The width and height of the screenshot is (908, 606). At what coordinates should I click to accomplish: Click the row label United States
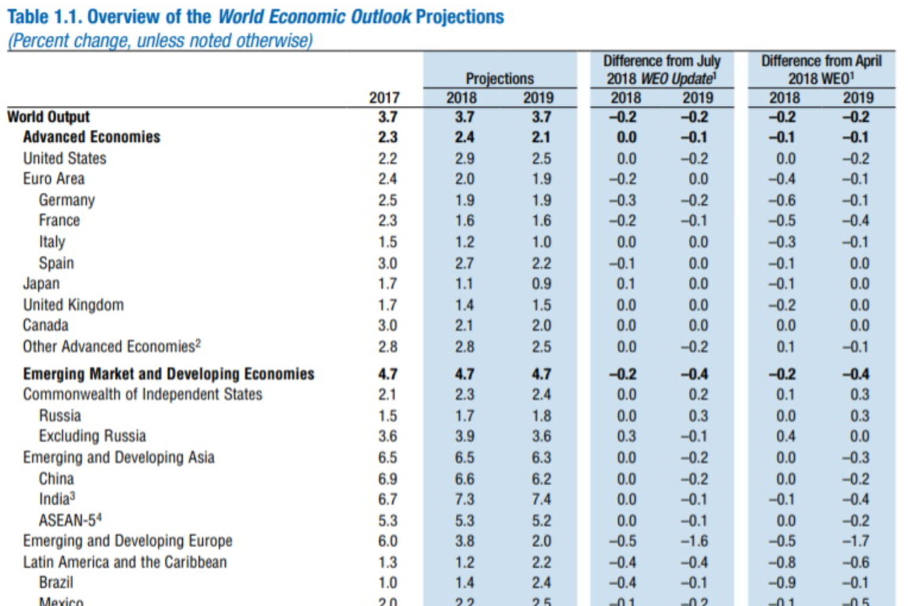coord(65,158)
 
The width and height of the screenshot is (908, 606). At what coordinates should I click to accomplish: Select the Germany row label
coord(67,200)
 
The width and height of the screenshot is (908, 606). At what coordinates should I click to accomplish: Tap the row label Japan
coord(41,284)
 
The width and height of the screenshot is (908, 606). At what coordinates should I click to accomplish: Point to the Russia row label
coord(60,416)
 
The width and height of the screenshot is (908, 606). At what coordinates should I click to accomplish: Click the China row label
coord(56,479)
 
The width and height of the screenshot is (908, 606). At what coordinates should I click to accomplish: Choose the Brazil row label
coord(56,582)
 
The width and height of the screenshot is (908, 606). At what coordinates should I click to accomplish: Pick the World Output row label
coord(48,116)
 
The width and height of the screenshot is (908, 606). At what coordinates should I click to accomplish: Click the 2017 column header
coord(384,98)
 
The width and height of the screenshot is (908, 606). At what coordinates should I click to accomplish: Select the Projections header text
coord(499,78)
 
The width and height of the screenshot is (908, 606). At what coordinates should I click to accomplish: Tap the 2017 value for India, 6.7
coord(387,499)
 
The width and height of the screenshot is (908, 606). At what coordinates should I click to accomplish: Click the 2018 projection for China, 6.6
coord(464,479)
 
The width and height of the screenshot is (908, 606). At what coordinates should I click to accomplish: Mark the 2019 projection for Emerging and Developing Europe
coord(541,541)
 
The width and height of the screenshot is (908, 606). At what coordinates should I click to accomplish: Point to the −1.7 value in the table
coord(855,541)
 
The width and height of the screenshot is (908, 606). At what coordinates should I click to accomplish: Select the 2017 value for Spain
coord(387,263)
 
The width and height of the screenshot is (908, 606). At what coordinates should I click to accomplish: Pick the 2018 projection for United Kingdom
coord(464,305)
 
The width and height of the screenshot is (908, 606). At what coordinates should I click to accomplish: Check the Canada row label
coord(45,325)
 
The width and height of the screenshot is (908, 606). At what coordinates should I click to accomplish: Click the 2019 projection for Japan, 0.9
coord(541,284)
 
